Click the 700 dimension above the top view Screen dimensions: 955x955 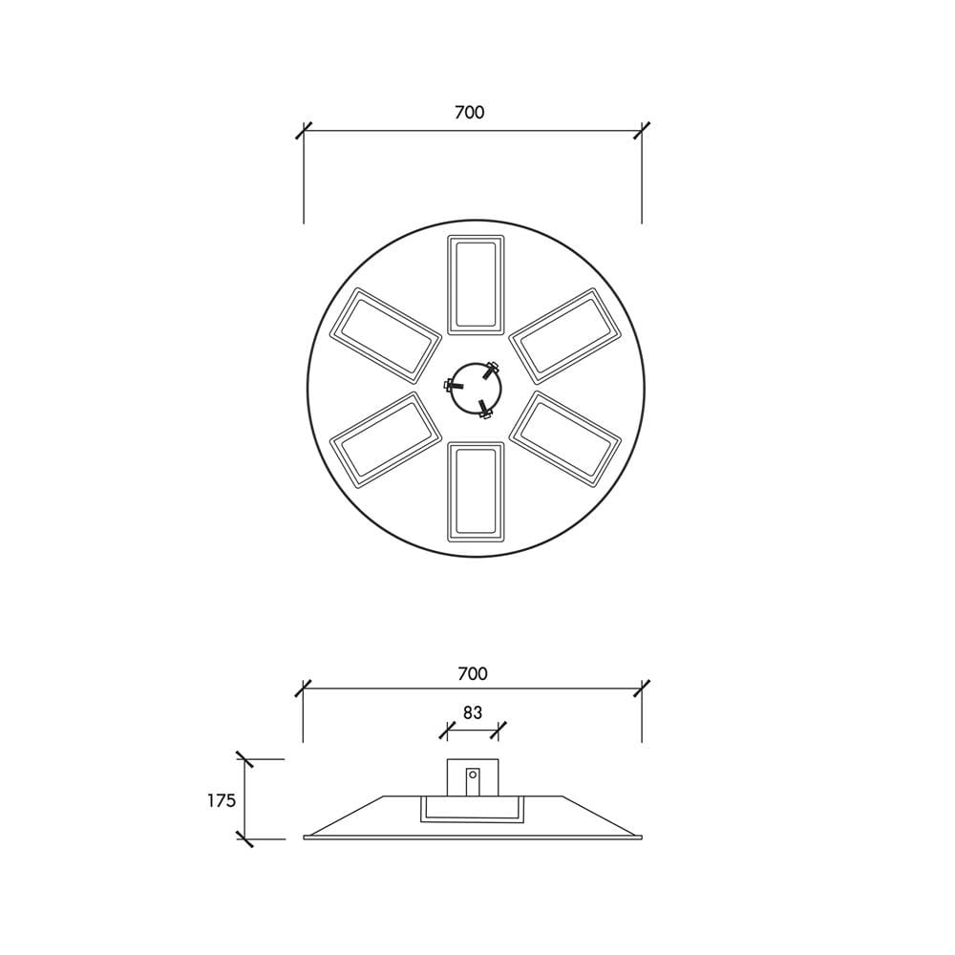(470, 113)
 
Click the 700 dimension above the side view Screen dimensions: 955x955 (473, 673)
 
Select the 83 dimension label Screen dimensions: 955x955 (473, 712)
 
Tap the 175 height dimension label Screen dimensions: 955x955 (222, 800)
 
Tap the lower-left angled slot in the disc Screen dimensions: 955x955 (385, 439)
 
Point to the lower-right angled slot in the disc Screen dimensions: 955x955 (565, 439)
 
